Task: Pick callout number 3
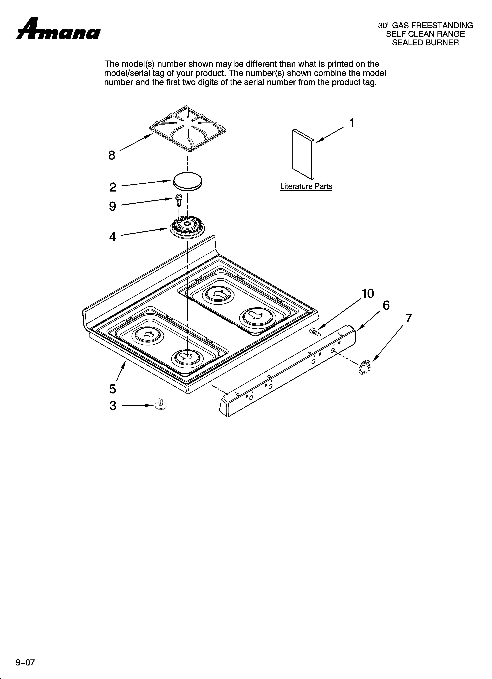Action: (113, 406)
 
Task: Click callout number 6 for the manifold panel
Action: (386, 305)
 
